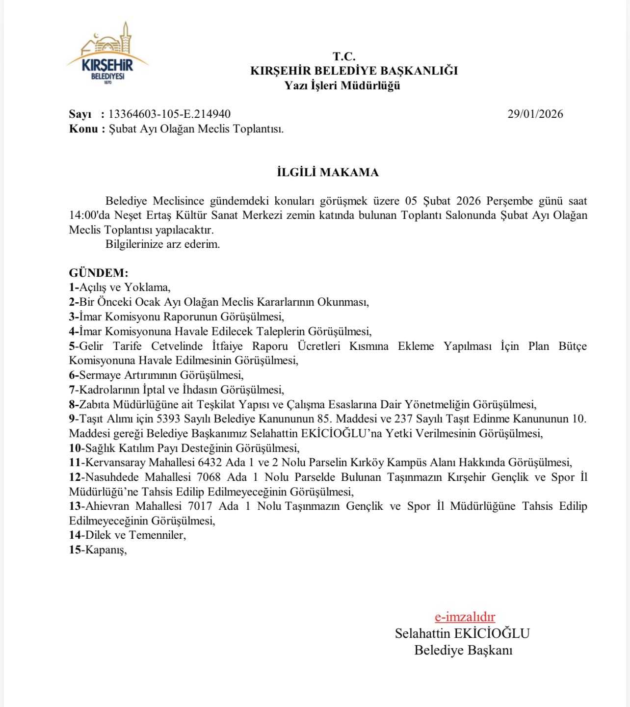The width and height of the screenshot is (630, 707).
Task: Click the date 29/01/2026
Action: pos(535,114)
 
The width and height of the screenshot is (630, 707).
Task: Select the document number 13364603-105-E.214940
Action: pos(169,114)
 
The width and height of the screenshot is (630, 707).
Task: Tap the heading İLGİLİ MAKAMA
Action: pos(328,172)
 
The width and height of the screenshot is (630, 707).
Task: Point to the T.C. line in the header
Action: pos(344,56)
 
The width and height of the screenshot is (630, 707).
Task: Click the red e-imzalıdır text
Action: pos(465,617)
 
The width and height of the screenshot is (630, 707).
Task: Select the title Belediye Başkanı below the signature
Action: pos(463,650)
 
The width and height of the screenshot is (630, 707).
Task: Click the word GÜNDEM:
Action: pos(99,273)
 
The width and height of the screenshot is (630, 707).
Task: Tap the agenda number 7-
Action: pos(74,390)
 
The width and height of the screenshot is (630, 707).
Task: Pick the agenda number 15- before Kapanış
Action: pos(77,550)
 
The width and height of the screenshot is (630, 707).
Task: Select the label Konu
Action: pos(83,129)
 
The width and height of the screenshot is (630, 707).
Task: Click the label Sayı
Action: pos(80,114)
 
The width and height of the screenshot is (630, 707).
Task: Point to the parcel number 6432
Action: pos(210,462)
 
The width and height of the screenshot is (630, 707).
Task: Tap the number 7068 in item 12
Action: pos(209,477)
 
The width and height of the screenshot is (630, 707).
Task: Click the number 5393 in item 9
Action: pos(168,419)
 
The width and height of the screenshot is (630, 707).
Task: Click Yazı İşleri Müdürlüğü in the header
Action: pos(342,85)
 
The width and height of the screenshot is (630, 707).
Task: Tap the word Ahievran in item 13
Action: pos(107,506)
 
